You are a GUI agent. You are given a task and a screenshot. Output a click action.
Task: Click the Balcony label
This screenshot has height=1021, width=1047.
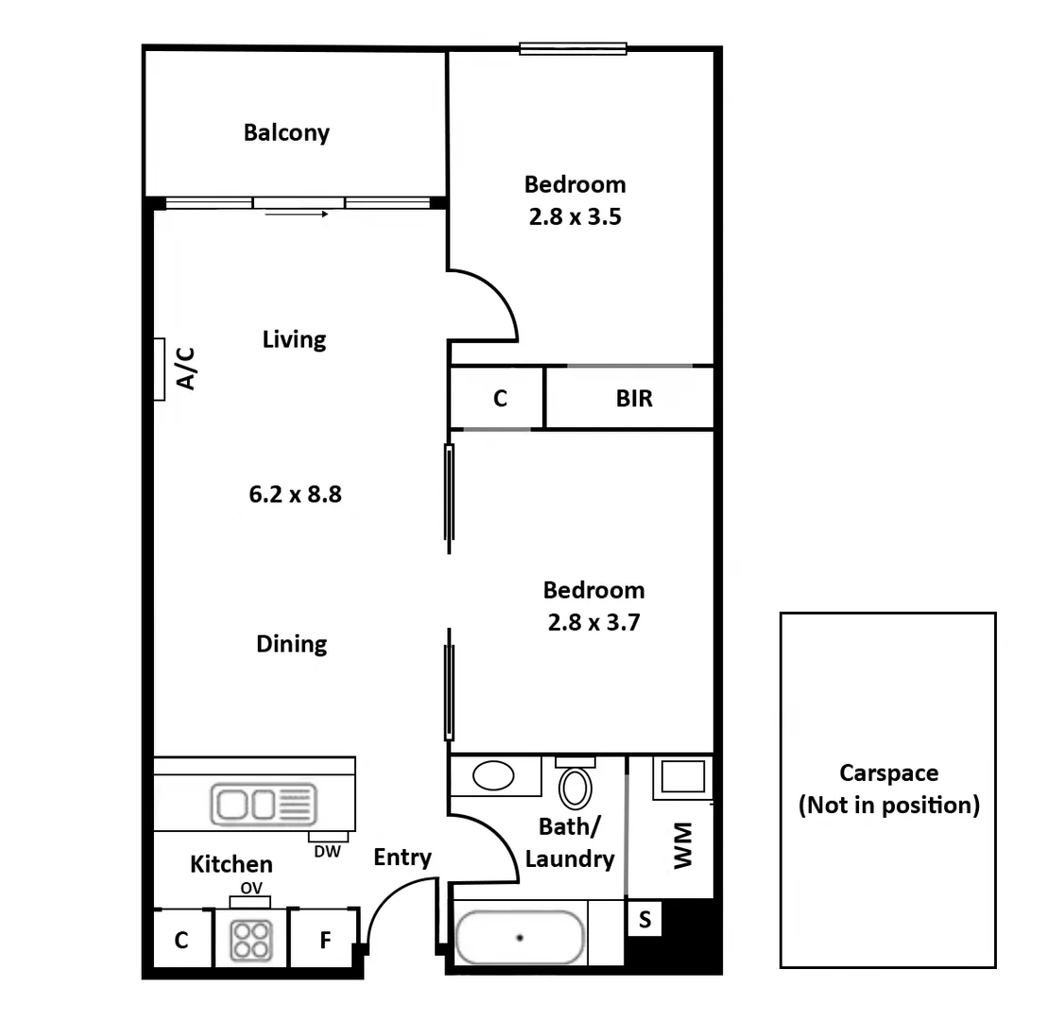pos(286,132)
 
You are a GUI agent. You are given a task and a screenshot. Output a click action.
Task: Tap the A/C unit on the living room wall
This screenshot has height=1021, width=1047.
pos(160,370)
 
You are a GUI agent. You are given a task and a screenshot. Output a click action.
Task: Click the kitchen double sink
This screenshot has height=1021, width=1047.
pos(264,805)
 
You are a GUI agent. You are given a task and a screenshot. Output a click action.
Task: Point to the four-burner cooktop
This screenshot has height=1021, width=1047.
pos(251,939)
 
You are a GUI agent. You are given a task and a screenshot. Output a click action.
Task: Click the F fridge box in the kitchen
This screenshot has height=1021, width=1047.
pos(324,940)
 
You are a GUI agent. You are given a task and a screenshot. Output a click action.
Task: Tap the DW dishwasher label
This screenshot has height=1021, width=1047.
pos(328,851)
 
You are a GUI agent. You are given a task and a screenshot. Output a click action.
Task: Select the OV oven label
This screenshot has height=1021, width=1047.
pos(250,888)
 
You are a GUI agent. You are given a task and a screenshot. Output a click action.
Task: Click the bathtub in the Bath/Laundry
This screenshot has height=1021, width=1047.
pos(520,938)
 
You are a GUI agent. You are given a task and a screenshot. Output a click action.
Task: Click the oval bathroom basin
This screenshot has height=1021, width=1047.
pos(492,777)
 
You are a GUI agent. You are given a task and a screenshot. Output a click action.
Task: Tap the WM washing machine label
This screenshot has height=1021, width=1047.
pos(682,845)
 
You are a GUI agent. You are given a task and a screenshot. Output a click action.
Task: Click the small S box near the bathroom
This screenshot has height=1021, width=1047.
pos(644,920)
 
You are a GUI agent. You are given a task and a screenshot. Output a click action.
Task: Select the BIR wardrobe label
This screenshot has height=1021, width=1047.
pos(634,399)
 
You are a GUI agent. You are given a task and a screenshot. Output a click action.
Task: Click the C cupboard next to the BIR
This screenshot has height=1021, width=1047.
pos(499,399)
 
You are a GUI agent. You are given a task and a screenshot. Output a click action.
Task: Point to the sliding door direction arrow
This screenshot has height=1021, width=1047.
pos(297,215)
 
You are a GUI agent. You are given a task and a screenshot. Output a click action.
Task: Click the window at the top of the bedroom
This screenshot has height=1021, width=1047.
pos(573,48)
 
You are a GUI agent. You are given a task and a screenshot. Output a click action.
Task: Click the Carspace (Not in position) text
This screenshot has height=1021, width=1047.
pos(888,789)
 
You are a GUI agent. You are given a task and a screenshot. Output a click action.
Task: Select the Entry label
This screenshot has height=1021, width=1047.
pos(403,857)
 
